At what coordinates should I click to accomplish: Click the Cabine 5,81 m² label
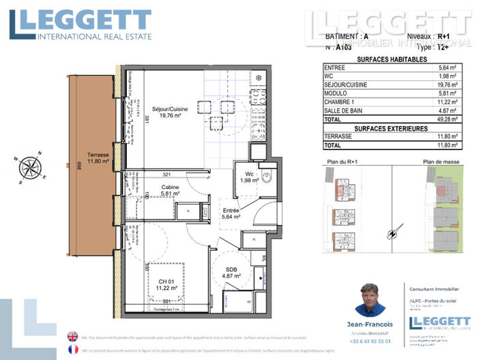click(170, 190)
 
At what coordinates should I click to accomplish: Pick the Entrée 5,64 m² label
click(231, 215)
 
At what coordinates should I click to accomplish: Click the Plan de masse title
click(441, 162)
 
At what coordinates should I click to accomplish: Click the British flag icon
click(72, 336)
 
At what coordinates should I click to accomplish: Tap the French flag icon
click(72, 349)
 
